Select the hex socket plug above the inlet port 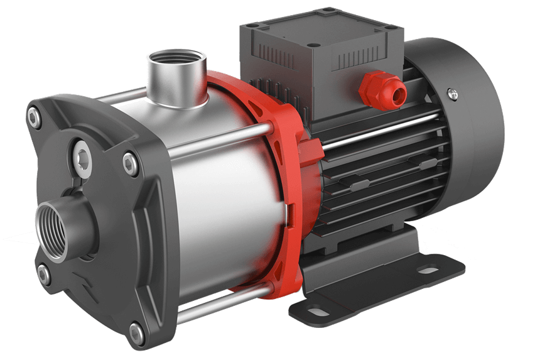84,158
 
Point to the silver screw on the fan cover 452,95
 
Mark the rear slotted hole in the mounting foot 429,271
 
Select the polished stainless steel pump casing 207,188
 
